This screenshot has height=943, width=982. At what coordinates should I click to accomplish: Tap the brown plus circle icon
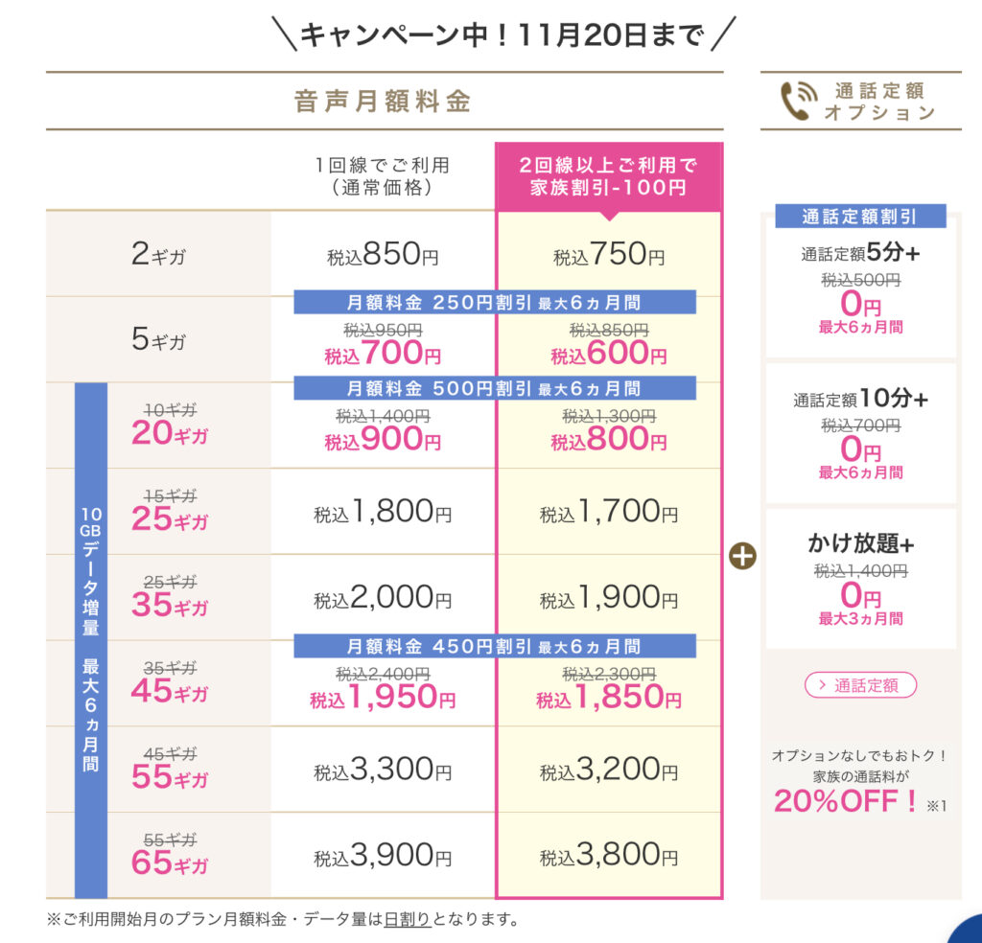tap(742, 557)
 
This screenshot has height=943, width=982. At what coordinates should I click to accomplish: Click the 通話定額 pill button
tap(860, 685)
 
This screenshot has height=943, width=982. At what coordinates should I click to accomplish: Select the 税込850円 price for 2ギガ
tap(383, 255)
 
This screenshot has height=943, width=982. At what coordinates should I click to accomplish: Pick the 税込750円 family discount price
tap(609, 255)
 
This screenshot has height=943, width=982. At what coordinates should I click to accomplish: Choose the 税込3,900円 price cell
tap(383, 856)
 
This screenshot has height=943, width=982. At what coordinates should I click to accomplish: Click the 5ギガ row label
tap(159, 340)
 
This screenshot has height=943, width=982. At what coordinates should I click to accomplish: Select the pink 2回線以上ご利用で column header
tap(609, 176)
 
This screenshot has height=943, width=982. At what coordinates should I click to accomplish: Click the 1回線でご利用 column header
tap(383, 176)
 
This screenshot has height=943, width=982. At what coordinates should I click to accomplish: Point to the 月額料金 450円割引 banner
tap(494, 646)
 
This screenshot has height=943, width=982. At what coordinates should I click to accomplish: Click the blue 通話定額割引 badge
tap(859, 217)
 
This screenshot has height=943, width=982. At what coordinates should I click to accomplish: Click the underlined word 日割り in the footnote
tap(408, 920)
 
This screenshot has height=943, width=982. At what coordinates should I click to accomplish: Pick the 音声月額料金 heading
tap(383, 102)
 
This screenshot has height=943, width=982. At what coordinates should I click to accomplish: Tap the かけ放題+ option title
tap(860, 543)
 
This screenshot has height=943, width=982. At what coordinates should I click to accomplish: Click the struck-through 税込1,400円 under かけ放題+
tap(860, 571)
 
